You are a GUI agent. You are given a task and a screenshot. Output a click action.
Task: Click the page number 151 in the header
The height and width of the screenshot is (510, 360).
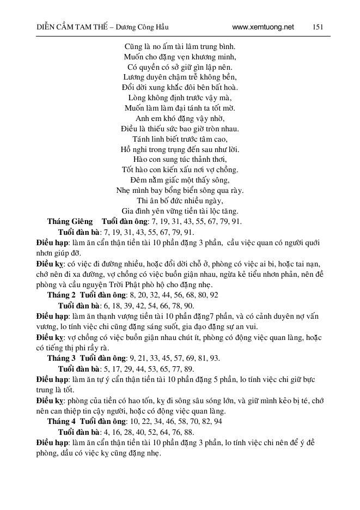click(x=319, y=27)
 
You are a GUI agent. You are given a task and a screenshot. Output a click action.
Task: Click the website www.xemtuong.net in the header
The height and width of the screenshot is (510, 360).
click(x=263, y=27)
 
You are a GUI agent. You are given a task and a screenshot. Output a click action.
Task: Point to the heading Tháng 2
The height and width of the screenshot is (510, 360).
click(x=61, y=294)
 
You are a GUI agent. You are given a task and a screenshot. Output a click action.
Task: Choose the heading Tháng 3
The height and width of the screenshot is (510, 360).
click(x=61, y=358)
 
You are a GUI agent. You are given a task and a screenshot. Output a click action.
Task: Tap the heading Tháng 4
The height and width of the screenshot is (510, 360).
click(x=61, y=422)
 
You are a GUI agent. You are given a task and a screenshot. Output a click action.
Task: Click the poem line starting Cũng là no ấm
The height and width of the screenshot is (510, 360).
click(x=179, y=46)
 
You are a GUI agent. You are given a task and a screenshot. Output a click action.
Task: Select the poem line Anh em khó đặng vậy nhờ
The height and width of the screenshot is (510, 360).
click(x=179, y=118)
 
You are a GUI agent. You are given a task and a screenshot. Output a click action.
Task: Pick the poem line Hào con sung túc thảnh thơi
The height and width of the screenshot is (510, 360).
click(x=179, y=160)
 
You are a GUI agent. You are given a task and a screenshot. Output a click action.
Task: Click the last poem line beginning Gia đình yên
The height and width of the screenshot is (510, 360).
click(x=179, y=211)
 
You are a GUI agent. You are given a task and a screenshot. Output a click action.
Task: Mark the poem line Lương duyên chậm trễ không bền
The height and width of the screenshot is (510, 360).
click(x=179, y=77)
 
